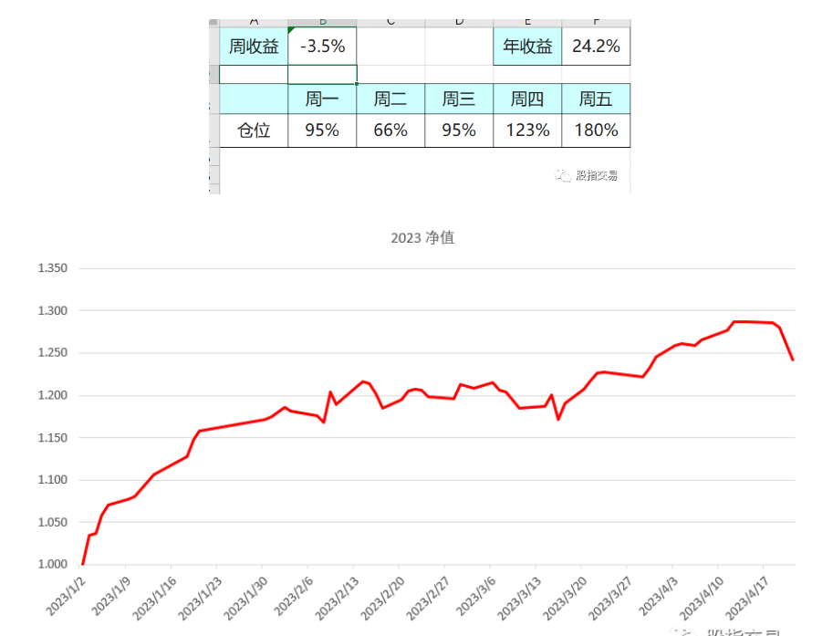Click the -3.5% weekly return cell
322,47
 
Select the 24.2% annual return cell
596,47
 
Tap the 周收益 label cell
254,47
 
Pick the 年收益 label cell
527,47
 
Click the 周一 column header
322,99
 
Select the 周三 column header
459,99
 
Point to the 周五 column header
596,99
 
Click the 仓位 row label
254,130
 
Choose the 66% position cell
390,130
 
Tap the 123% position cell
527,130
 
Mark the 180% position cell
596,130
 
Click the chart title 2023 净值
422,238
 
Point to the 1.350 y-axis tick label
53,268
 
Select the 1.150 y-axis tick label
53,438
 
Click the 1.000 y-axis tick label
53,565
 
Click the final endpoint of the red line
793,360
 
